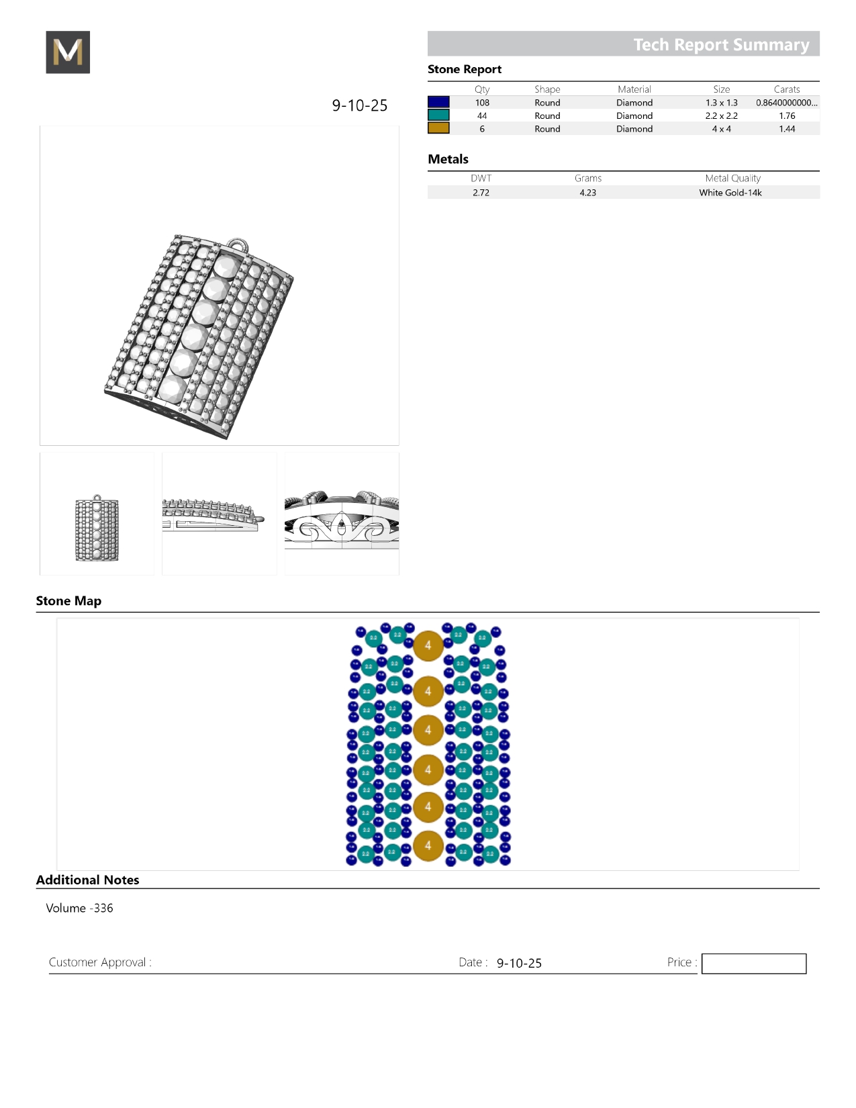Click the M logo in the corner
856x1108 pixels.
[68, 52]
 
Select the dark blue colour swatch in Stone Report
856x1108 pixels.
[438, 102]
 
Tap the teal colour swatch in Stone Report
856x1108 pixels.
[438, 116]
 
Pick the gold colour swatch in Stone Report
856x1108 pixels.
[438, 128]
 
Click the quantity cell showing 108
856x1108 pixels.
[482, 103]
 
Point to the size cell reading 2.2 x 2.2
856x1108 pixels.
[721, 116]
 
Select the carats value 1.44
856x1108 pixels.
[787, 129]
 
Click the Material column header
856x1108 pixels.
[634, 89]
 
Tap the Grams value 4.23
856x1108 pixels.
[587, 193]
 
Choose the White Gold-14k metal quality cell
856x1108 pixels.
[730, 193]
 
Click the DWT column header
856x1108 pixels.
[481, 179]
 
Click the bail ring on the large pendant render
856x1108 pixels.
[237, 244]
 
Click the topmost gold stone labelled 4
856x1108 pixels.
[428, 645]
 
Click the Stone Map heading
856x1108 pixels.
[68, 601]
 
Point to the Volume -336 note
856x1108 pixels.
[79, 908]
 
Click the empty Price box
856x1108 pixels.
[753, 964]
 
